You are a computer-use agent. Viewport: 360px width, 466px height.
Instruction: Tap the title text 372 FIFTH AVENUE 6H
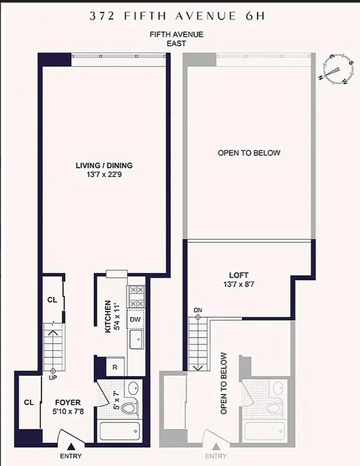[177, 16]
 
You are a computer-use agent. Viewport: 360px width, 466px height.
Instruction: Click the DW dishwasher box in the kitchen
[136, 319]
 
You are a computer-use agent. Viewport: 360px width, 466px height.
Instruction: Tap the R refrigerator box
[115, 367]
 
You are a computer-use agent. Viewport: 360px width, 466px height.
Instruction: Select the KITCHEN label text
[108, 317]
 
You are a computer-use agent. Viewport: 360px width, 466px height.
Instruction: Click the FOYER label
[68, 403]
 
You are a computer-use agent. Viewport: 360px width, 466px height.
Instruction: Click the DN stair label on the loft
[197, 310]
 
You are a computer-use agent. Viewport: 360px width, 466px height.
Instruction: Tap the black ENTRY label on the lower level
[70, 456]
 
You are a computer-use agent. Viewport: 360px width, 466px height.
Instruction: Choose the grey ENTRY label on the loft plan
[216, 456]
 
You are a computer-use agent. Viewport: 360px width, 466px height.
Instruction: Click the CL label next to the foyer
[29, 403]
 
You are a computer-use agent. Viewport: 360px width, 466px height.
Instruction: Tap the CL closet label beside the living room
[51, 300]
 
